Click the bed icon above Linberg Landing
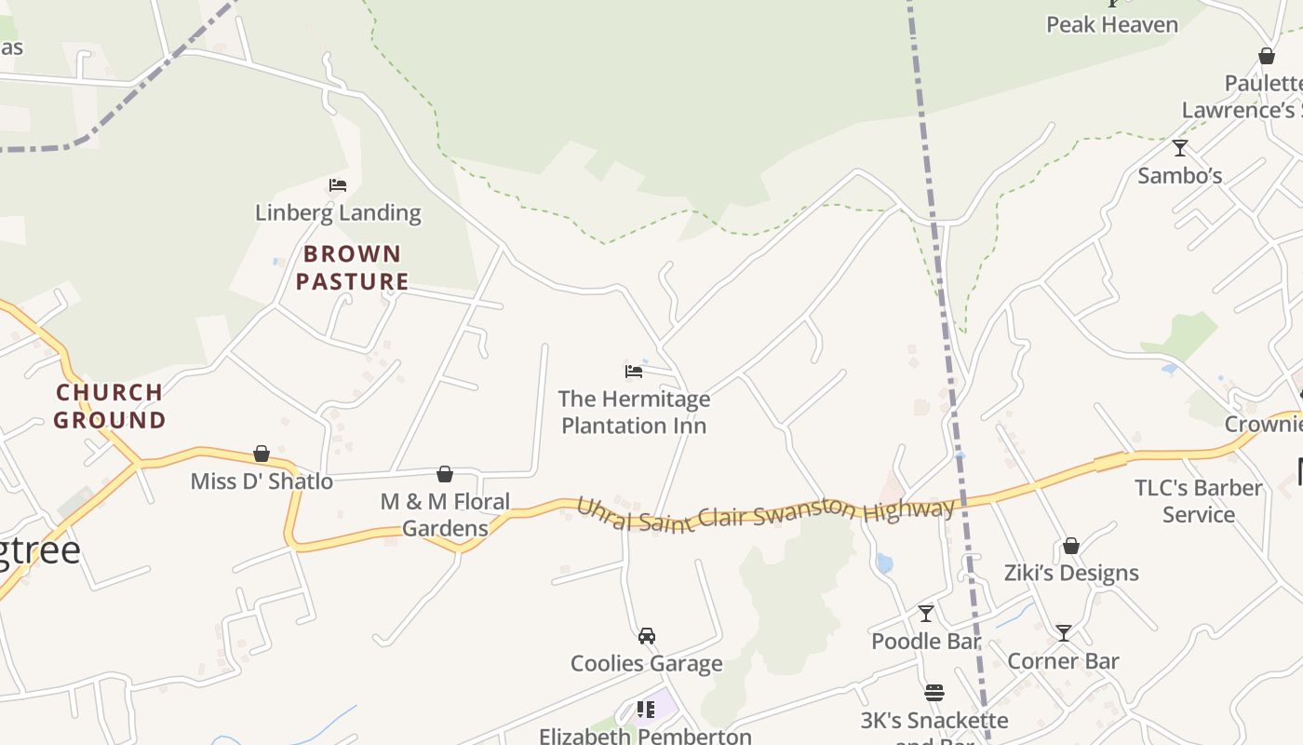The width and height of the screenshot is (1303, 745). pos(338,185)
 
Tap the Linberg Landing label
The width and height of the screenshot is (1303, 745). pos(338,213)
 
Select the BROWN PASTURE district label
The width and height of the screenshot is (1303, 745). pos(352,267)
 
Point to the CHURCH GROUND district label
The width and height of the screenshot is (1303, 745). pos(110,406)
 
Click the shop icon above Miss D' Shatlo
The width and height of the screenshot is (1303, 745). pos(262,454)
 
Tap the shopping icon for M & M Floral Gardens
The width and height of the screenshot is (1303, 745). pos(445,474)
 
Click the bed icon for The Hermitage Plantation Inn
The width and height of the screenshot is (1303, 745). pos(634,372)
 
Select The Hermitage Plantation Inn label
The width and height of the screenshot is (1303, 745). pos(634,413)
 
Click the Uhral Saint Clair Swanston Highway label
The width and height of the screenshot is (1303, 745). pos(766,513)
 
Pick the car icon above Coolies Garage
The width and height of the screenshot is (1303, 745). pos(646,636)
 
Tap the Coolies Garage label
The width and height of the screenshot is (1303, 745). pos(646,664)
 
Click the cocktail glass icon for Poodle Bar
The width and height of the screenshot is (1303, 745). pos(926,614)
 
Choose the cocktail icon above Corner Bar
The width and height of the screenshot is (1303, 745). pos(1063,633)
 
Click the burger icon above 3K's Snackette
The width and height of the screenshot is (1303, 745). pos(934,693)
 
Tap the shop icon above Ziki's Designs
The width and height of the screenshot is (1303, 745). pos(1071,546)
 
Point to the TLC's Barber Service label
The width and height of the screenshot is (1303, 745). pos(1199,501)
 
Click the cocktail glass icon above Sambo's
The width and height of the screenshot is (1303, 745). pos(1180,148)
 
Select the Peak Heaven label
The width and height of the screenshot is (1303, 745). pos(1112,25)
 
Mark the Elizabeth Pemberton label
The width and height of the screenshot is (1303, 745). pos(645,736)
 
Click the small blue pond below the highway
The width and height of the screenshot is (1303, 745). pos(884,563)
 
